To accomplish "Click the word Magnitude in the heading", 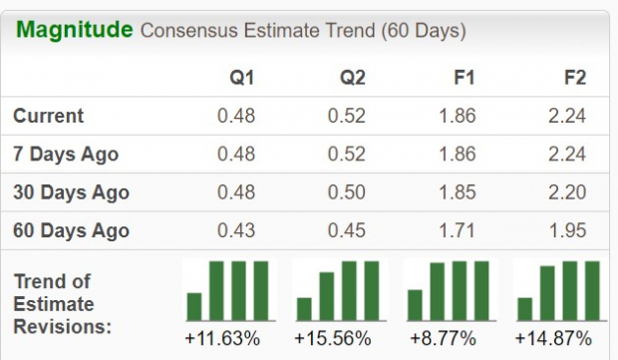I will click(72, 30).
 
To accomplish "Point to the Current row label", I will click(49, 116).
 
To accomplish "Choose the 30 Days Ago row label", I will click(71, 192).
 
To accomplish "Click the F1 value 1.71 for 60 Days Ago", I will click(458, 230).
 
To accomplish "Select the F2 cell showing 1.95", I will click(565, 230).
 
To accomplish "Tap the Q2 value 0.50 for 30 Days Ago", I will click(348, 192).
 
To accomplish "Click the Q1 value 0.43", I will click(236, 230).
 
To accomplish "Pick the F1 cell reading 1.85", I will click(458, 192).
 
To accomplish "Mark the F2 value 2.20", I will click(565, 192).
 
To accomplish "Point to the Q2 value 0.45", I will click(348, 230).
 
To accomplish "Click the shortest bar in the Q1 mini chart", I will click(194, 306).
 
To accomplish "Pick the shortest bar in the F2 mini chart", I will click(524, 308).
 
